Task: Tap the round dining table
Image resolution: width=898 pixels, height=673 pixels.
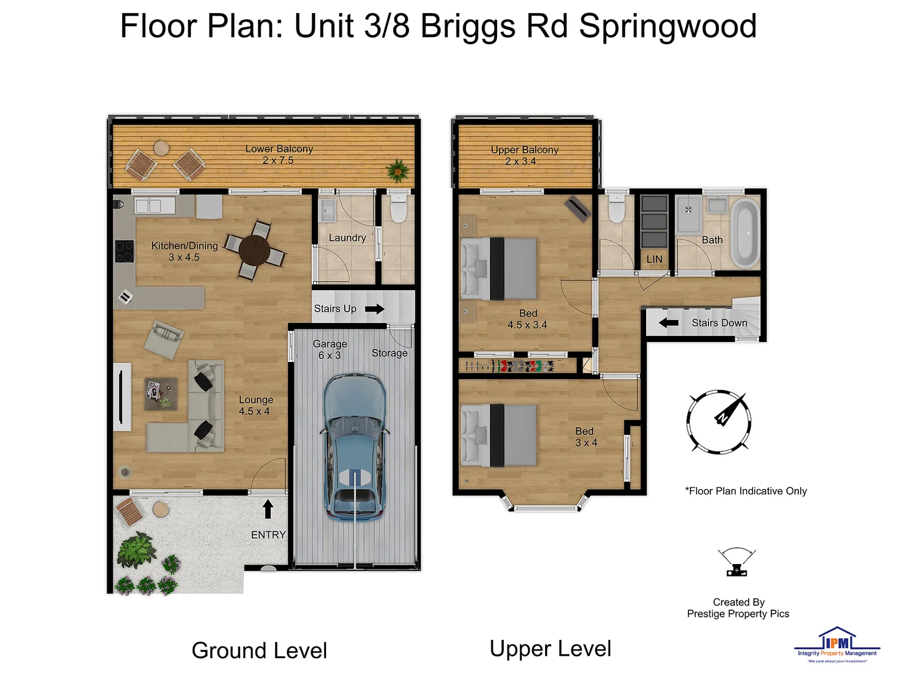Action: point(254,251)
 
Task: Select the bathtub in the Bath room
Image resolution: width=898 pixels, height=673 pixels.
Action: point(745,232)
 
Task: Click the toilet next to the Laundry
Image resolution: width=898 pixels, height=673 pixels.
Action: point(397,209)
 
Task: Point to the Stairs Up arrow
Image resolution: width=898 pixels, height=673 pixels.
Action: point(375,308)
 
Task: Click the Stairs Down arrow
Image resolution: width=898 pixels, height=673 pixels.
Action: point(669,323)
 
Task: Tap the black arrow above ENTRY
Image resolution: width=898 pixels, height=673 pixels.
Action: point(268,508)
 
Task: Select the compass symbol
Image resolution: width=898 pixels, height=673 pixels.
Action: point(718,421)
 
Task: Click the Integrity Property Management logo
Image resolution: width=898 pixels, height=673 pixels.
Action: point(837,644)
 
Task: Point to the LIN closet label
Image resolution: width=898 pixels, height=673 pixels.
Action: point(654,259)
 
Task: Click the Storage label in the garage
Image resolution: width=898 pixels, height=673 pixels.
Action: point(389,353)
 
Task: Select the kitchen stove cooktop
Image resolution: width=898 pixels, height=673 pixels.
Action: point(124,251)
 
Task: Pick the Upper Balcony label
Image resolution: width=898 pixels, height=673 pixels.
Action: point(524,150)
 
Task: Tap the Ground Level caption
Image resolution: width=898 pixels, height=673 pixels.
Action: point(259,651)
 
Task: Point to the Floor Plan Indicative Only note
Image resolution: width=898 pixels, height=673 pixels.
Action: point(746,491)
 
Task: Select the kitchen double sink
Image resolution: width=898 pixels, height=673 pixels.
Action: point(148,206)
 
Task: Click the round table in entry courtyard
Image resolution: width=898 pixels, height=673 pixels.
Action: point(161,509)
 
